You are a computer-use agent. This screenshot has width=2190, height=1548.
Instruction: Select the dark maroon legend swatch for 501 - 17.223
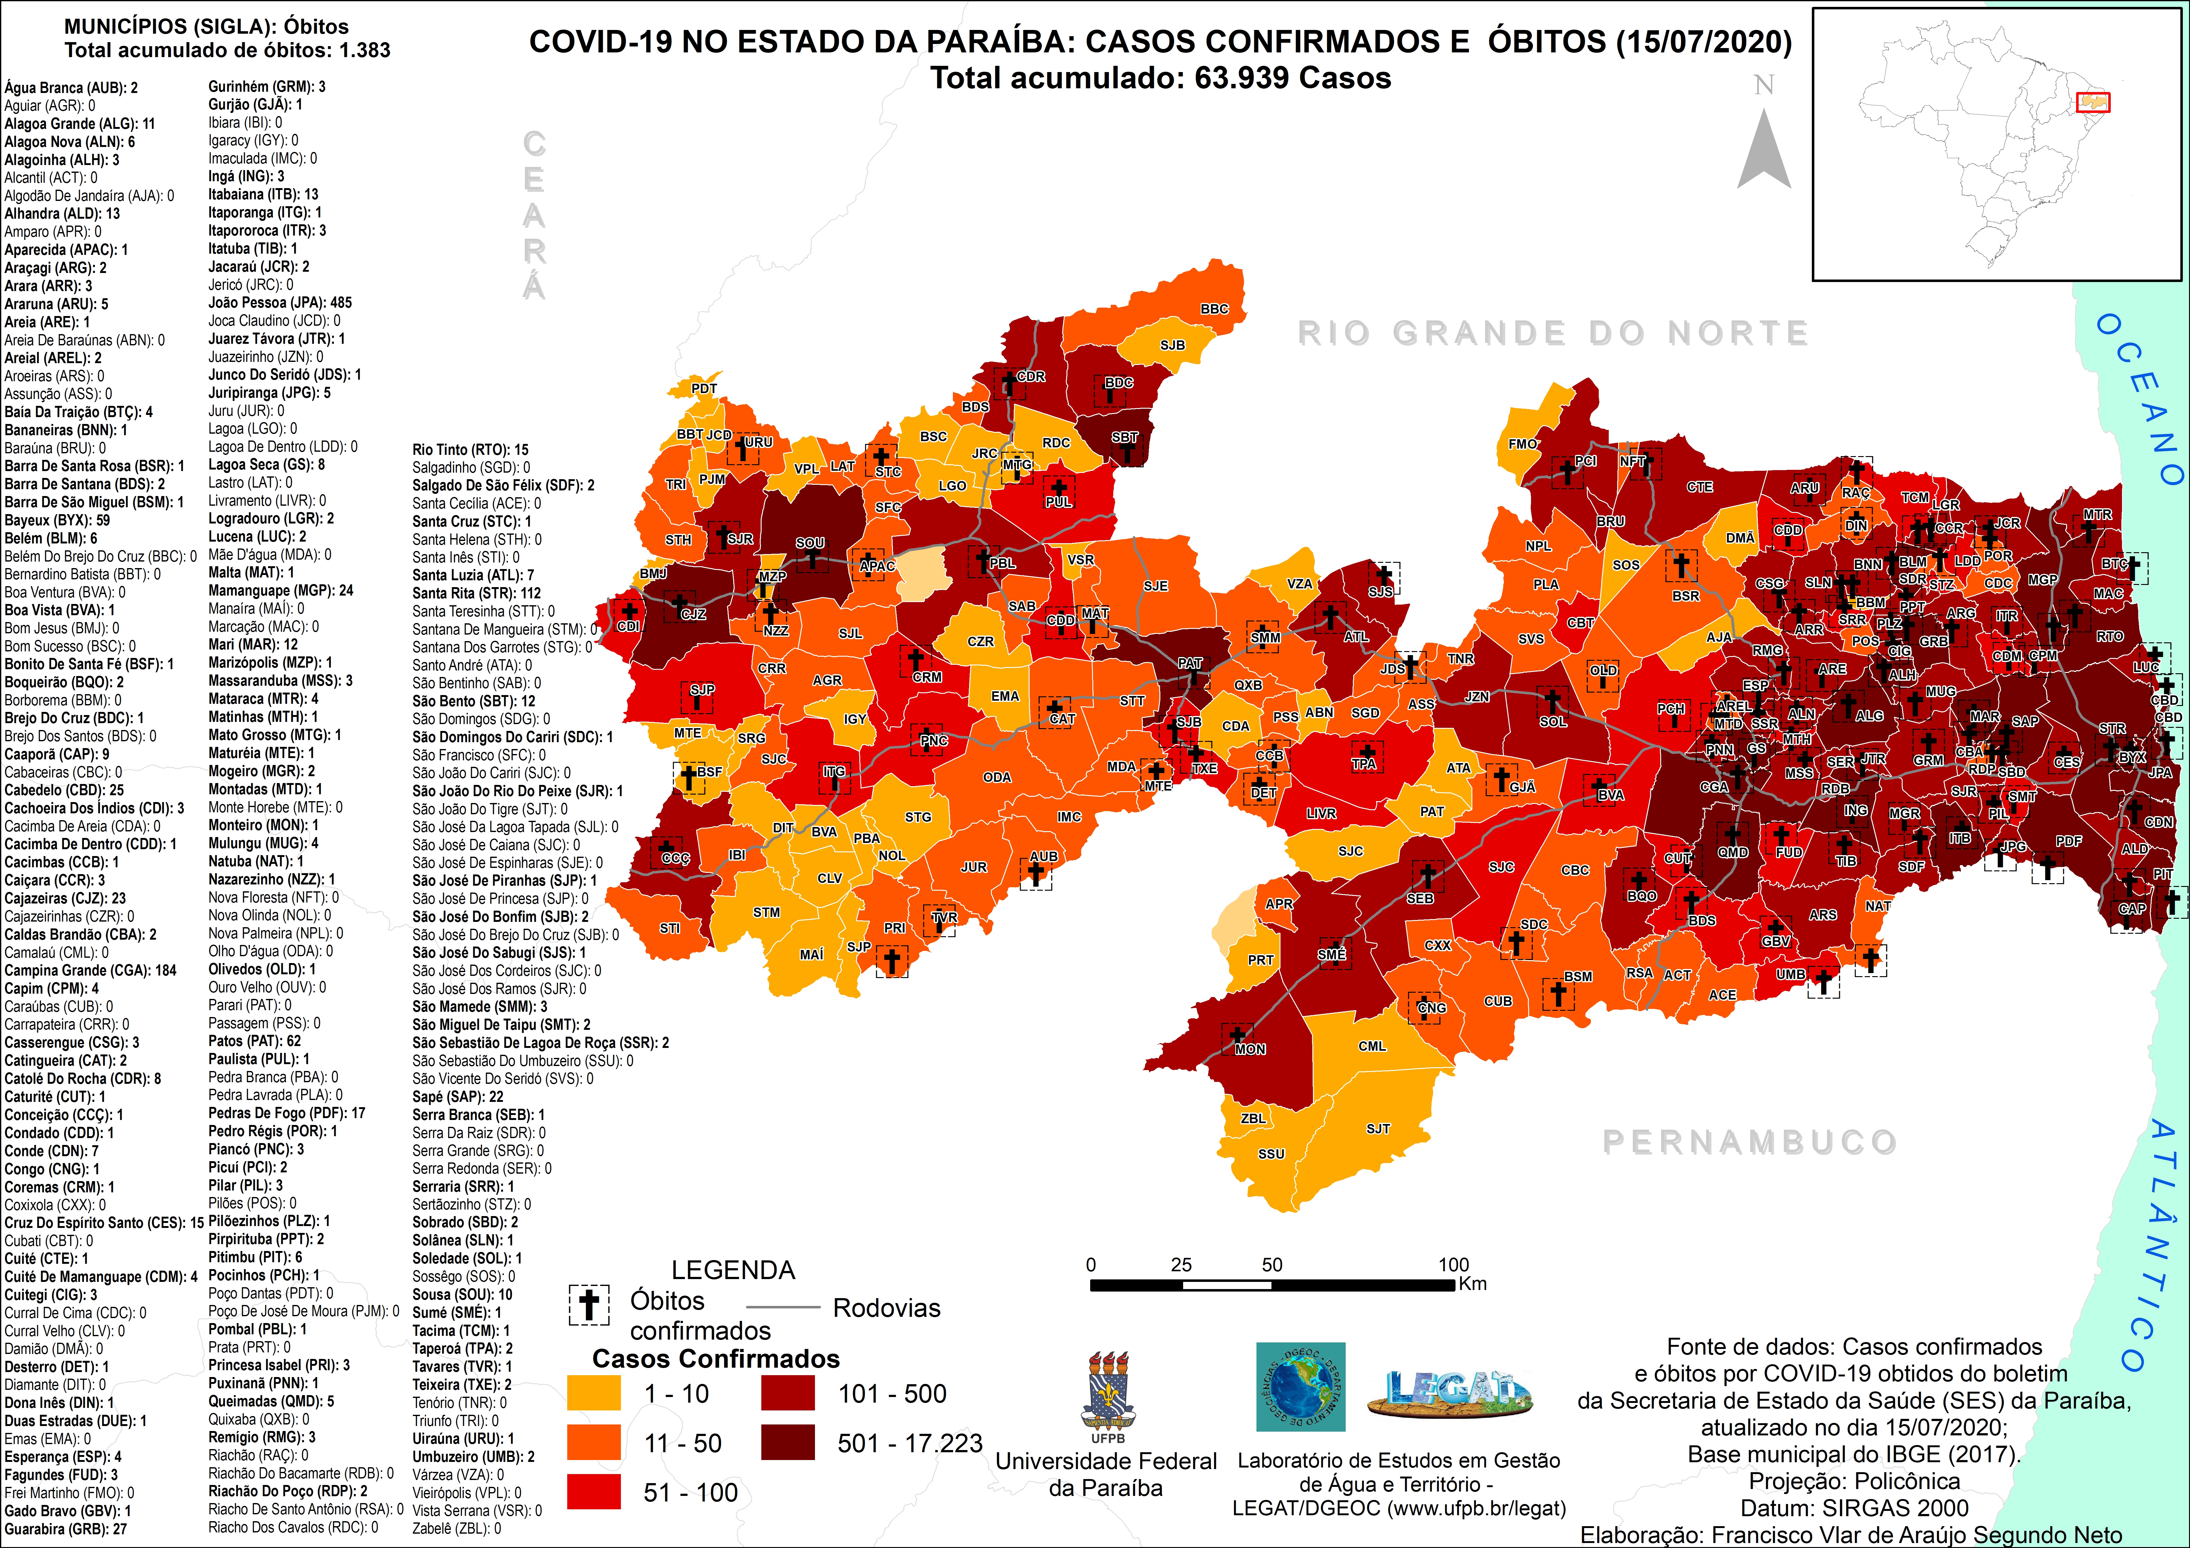point(788,1442)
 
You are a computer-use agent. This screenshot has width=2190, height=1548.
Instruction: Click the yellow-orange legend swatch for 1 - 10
point(593,1393)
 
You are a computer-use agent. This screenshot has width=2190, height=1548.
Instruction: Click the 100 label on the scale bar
point(1453,1265)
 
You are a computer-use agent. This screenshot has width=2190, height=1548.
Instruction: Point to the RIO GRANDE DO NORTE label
point(1553,333)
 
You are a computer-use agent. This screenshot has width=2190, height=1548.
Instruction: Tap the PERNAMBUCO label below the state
point(1749,1142)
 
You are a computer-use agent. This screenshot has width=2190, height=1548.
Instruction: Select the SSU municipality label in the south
point(1271,1153)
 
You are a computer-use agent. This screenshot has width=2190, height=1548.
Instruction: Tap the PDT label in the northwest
point(704,388)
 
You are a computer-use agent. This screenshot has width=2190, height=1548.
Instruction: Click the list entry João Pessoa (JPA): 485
point(280,302)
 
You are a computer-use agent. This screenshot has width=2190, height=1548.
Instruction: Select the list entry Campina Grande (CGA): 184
point(90,970)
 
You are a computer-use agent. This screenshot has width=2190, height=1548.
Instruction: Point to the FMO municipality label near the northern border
point(1522,444)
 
